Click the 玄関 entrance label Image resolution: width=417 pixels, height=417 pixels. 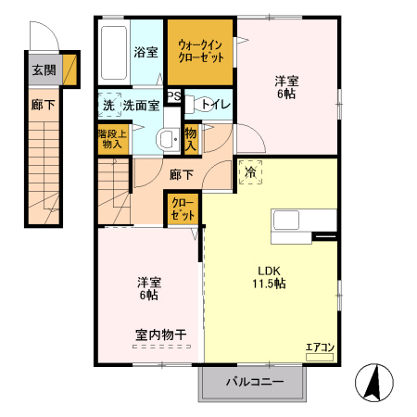coord(43,69)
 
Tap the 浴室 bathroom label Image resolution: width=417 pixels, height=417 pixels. coord(145,52)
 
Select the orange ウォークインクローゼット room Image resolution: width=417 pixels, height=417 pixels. coord(201,51)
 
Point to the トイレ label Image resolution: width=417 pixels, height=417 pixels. coord(215,105)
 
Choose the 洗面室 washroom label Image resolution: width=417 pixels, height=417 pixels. coord(142,105)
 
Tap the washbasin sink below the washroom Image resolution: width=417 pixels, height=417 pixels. coord(168,140)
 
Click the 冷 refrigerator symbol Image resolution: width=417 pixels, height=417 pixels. coord(249,173)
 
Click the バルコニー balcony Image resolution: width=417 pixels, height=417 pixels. coord(252,381)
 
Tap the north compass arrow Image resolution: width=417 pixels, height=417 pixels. coord(376,383)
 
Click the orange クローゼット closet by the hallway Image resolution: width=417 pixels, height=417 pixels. coord(183,208)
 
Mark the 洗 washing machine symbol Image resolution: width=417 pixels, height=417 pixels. coord(108,105)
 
